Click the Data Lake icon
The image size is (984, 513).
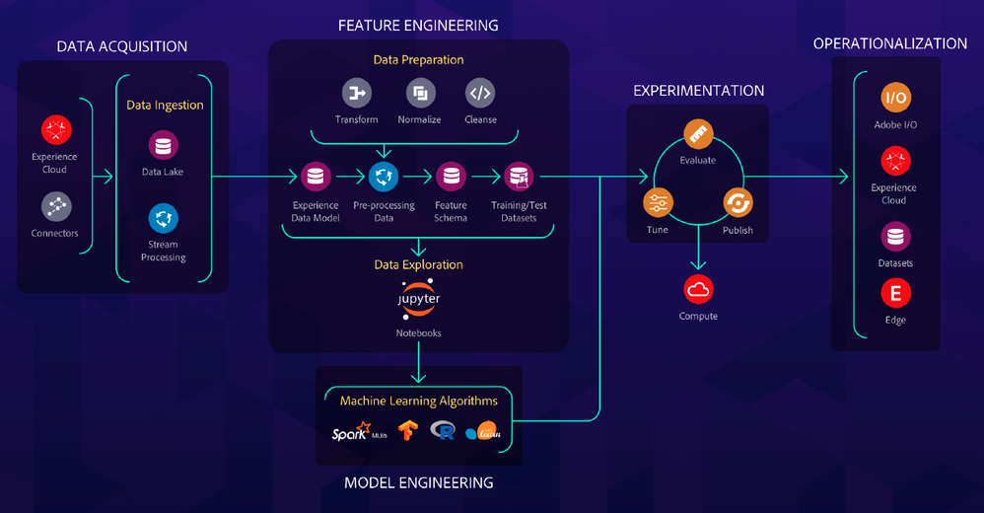pyautogui.click(x=164, y=145)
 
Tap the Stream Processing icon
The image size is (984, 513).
pyautogui.click(x=164, y=217)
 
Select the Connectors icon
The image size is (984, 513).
pyautogui.click(x=55, y=206)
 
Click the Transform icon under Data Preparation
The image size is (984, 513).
pyautogui.click(x=356, y=94)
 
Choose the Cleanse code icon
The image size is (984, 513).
pyautogui.click(x=480, y=94)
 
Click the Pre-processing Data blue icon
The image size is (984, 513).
pyautogui.click(x=383, y=177)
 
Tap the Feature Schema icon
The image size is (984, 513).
pyautogui.click(x=451, y=177)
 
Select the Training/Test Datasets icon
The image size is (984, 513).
pyautogui.click(x=519, y=177)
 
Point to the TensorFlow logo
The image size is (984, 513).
pyautogui.click(x=407, y=430)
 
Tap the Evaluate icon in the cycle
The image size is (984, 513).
pyautogui.click(x=697, y=134)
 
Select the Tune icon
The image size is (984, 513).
pyautogui.click(x=658, y=203)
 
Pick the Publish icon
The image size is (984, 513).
pyautogui.click(x=737, y=203)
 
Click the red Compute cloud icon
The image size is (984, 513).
pyautogui.click(x=698, y=289)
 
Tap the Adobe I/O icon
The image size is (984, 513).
pyautogui.click(x=895, y=98)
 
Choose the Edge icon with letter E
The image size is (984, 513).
pyautogui.click(x=895, y=293)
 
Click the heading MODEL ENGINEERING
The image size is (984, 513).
pyautogui.click(x=418, y=483)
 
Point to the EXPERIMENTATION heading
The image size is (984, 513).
pyautogui.click(x=698, y=91)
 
